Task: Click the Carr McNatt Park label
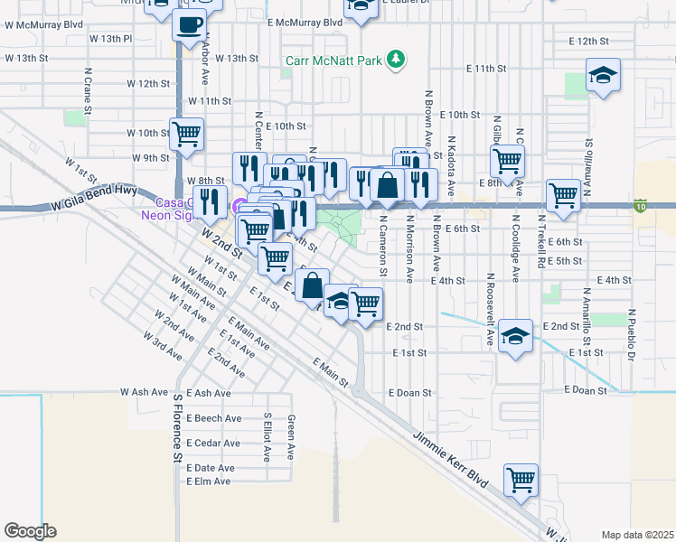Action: tap(331, 61)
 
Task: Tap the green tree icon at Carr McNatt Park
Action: tap(395, 61)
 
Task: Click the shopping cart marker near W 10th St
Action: tap(186, 135)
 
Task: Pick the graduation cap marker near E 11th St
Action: tap(603, 76)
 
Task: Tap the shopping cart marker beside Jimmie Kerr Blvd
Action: tap(521, 480)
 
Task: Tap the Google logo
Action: tap(30, 531)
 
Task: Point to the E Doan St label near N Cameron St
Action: tap(411, 393)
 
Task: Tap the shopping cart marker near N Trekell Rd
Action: tap(563, 194)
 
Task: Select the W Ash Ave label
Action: tap(144, 392)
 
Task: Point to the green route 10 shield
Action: tap(641, 207)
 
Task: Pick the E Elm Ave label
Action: tap(210, 482)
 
